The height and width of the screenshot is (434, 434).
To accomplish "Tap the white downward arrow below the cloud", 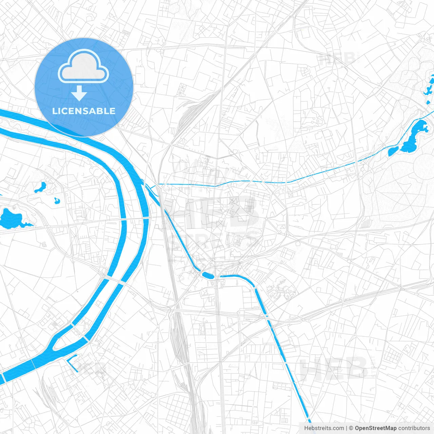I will pyautogui.click(x=79, y=94).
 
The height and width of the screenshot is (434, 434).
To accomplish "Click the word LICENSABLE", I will pyautogui.click(x=84, y=111).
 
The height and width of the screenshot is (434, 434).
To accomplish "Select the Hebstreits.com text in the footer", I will pyautogui.click(x=324, y=428).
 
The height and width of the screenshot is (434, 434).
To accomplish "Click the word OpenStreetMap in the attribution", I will pyautogui.click(x=376, y=428).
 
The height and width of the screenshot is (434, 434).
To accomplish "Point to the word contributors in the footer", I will pyautogui.click(x=414, y=428).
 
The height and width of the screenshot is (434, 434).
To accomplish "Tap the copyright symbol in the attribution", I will pyautogui.click(x=351, y=428).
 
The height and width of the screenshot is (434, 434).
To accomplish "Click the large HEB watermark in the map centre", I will pyautogui.click(x=217, y=212).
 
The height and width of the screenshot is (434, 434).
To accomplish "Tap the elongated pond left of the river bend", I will pyautogui.click(x=40, y=187).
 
